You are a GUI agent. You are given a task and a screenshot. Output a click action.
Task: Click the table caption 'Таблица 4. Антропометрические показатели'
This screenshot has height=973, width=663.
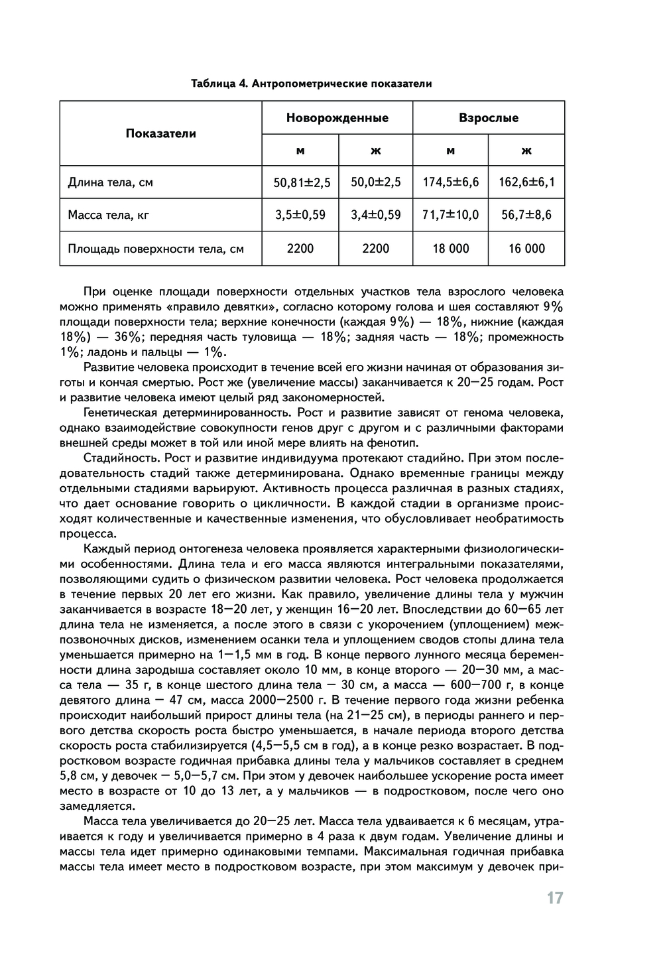click(312, 84)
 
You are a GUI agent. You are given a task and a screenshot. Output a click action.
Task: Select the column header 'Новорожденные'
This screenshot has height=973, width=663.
click(337, 118)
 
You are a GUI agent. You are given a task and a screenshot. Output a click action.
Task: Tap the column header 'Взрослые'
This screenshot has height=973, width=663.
click(489, 118)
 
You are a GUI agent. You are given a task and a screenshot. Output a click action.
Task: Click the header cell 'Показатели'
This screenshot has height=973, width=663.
click(161, 133)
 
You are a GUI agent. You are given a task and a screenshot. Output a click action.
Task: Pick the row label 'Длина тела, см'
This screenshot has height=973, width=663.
click(111, 182)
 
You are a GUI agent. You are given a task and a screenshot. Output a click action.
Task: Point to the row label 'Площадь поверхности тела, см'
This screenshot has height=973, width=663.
click(156, 249)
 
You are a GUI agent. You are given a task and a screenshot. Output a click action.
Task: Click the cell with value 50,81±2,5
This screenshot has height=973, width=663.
click(301, 182)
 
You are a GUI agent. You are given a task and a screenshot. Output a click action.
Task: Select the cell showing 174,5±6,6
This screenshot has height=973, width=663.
click(451, 182)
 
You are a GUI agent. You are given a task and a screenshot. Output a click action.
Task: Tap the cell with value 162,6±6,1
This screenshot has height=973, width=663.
click(526, 182)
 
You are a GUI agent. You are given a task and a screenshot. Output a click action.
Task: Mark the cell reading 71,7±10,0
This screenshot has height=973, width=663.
click(451, 215)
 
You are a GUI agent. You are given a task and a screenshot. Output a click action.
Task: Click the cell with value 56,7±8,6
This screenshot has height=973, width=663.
click(526, 215)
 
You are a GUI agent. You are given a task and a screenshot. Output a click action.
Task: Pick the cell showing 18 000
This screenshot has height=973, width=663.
click(451, 249)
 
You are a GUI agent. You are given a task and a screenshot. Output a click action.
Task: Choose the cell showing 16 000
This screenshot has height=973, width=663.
click(526, 249)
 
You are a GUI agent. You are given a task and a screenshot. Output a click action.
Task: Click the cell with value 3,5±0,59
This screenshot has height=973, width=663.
click(301, 215)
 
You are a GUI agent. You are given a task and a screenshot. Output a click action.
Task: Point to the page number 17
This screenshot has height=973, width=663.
click(555, 898)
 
